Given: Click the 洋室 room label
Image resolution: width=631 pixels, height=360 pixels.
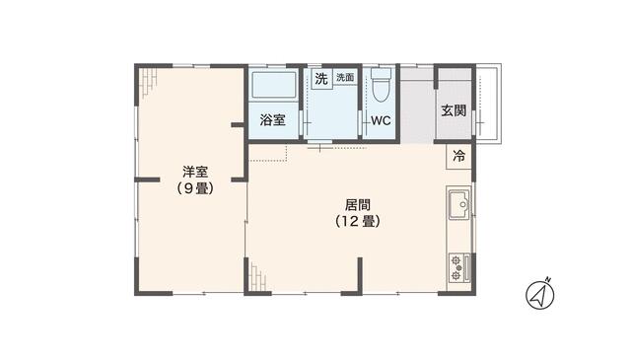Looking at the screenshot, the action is click(x=195, y=173).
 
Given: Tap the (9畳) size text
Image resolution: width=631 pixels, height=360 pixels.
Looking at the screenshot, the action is click(x=195, y=188).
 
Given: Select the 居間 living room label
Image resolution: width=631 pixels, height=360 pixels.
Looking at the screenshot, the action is click(x=358, y=205).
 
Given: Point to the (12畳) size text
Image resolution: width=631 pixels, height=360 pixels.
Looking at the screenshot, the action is click(x=358, y=222).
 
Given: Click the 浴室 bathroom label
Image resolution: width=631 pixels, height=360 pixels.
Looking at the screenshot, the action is click(x=272, y=119).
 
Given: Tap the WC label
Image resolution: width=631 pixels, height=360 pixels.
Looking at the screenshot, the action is click(x=381, y=120).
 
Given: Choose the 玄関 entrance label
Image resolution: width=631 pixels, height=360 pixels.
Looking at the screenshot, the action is click(x=454, y=110).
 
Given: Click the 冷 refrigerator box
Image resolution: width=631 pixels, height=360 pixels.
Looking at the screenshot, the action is click(x=458, y=156).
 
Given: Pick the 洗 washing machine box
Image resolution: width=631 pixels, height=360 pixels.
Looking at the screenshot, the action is click(x=321, y=79).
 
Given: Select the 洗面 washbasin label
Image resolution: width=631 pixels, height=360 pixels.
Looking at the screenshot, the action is click(x=345, y=77).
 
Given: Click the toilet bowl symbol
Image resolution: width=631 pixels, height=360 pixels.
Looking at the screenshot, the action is click(x=381, y=86).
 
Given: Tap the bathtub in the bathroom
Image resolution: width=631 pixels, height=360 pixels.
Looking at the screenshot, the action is click(x=274, y=85).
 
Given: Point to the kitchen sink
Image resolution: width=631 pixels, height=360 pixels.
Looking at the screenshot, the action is click(x=459, y=204).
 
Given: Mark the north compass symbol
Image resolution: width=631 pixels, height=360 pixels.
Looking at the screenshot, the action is click(x=540, y=294).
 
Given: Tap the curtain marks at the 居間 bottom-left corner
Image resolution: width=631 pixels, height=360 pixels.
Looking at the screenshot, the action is click(x=257, y=277).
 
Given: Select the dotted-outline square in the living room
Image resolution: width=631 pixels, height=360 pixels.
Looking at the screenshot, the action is click(x=268, y=153).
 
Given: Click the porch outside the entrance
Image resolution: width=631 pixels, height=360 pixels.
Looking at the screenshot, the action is click(x=488, y=104).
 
